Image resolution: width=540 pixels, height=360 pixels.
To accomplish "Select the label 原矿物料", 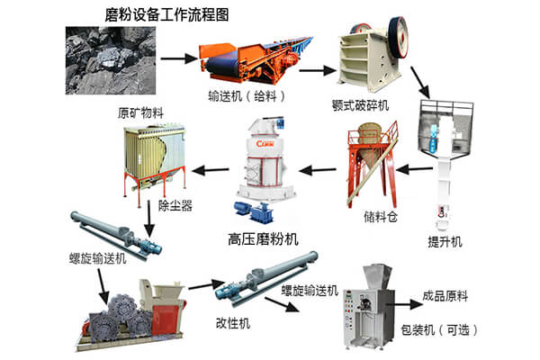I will pos(143,113).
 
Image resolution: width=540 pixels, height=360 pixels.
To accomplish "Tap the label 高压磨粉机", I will pos(261,238).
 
